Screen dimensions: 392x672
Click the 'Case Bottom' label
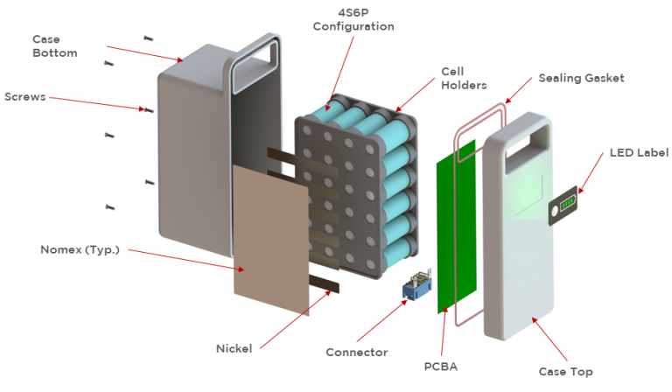54,46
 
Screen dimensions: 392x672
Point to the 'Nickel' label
234,348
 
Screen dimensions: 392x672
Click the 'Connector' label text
356,352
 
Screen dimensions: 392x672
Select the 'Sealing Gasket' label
581,78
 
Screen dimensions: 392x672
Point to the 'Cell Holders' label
463,78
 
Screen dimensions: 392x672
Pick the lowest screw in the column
110,207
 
